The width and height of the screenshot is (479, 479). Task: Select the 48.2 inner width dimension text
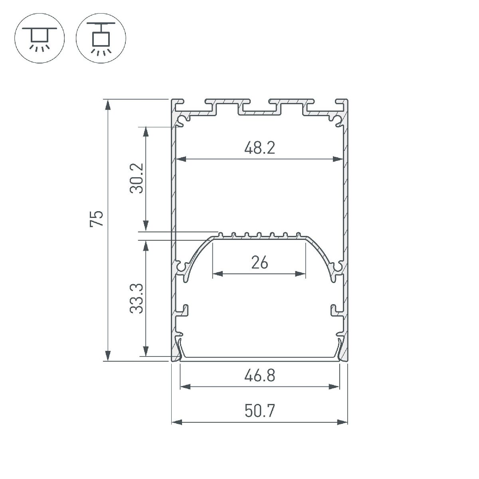[x=259, y=148]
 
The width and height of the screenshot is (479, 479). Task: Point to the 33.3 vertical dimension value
[x=137, y=299]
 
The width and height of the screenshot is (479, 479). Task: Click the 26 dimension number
[x=259, y=263]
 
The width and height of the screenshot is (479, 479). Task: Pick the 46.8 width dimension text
[x=259, y=376]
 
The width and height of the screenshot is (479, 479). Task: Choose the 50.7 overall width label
[x=259, y=411]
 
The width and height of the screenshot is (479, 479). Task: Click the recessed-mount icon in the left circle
[x=39, y=38]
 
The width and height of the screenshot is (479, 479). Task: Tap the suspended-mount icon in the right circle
[x=101, y=38]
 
